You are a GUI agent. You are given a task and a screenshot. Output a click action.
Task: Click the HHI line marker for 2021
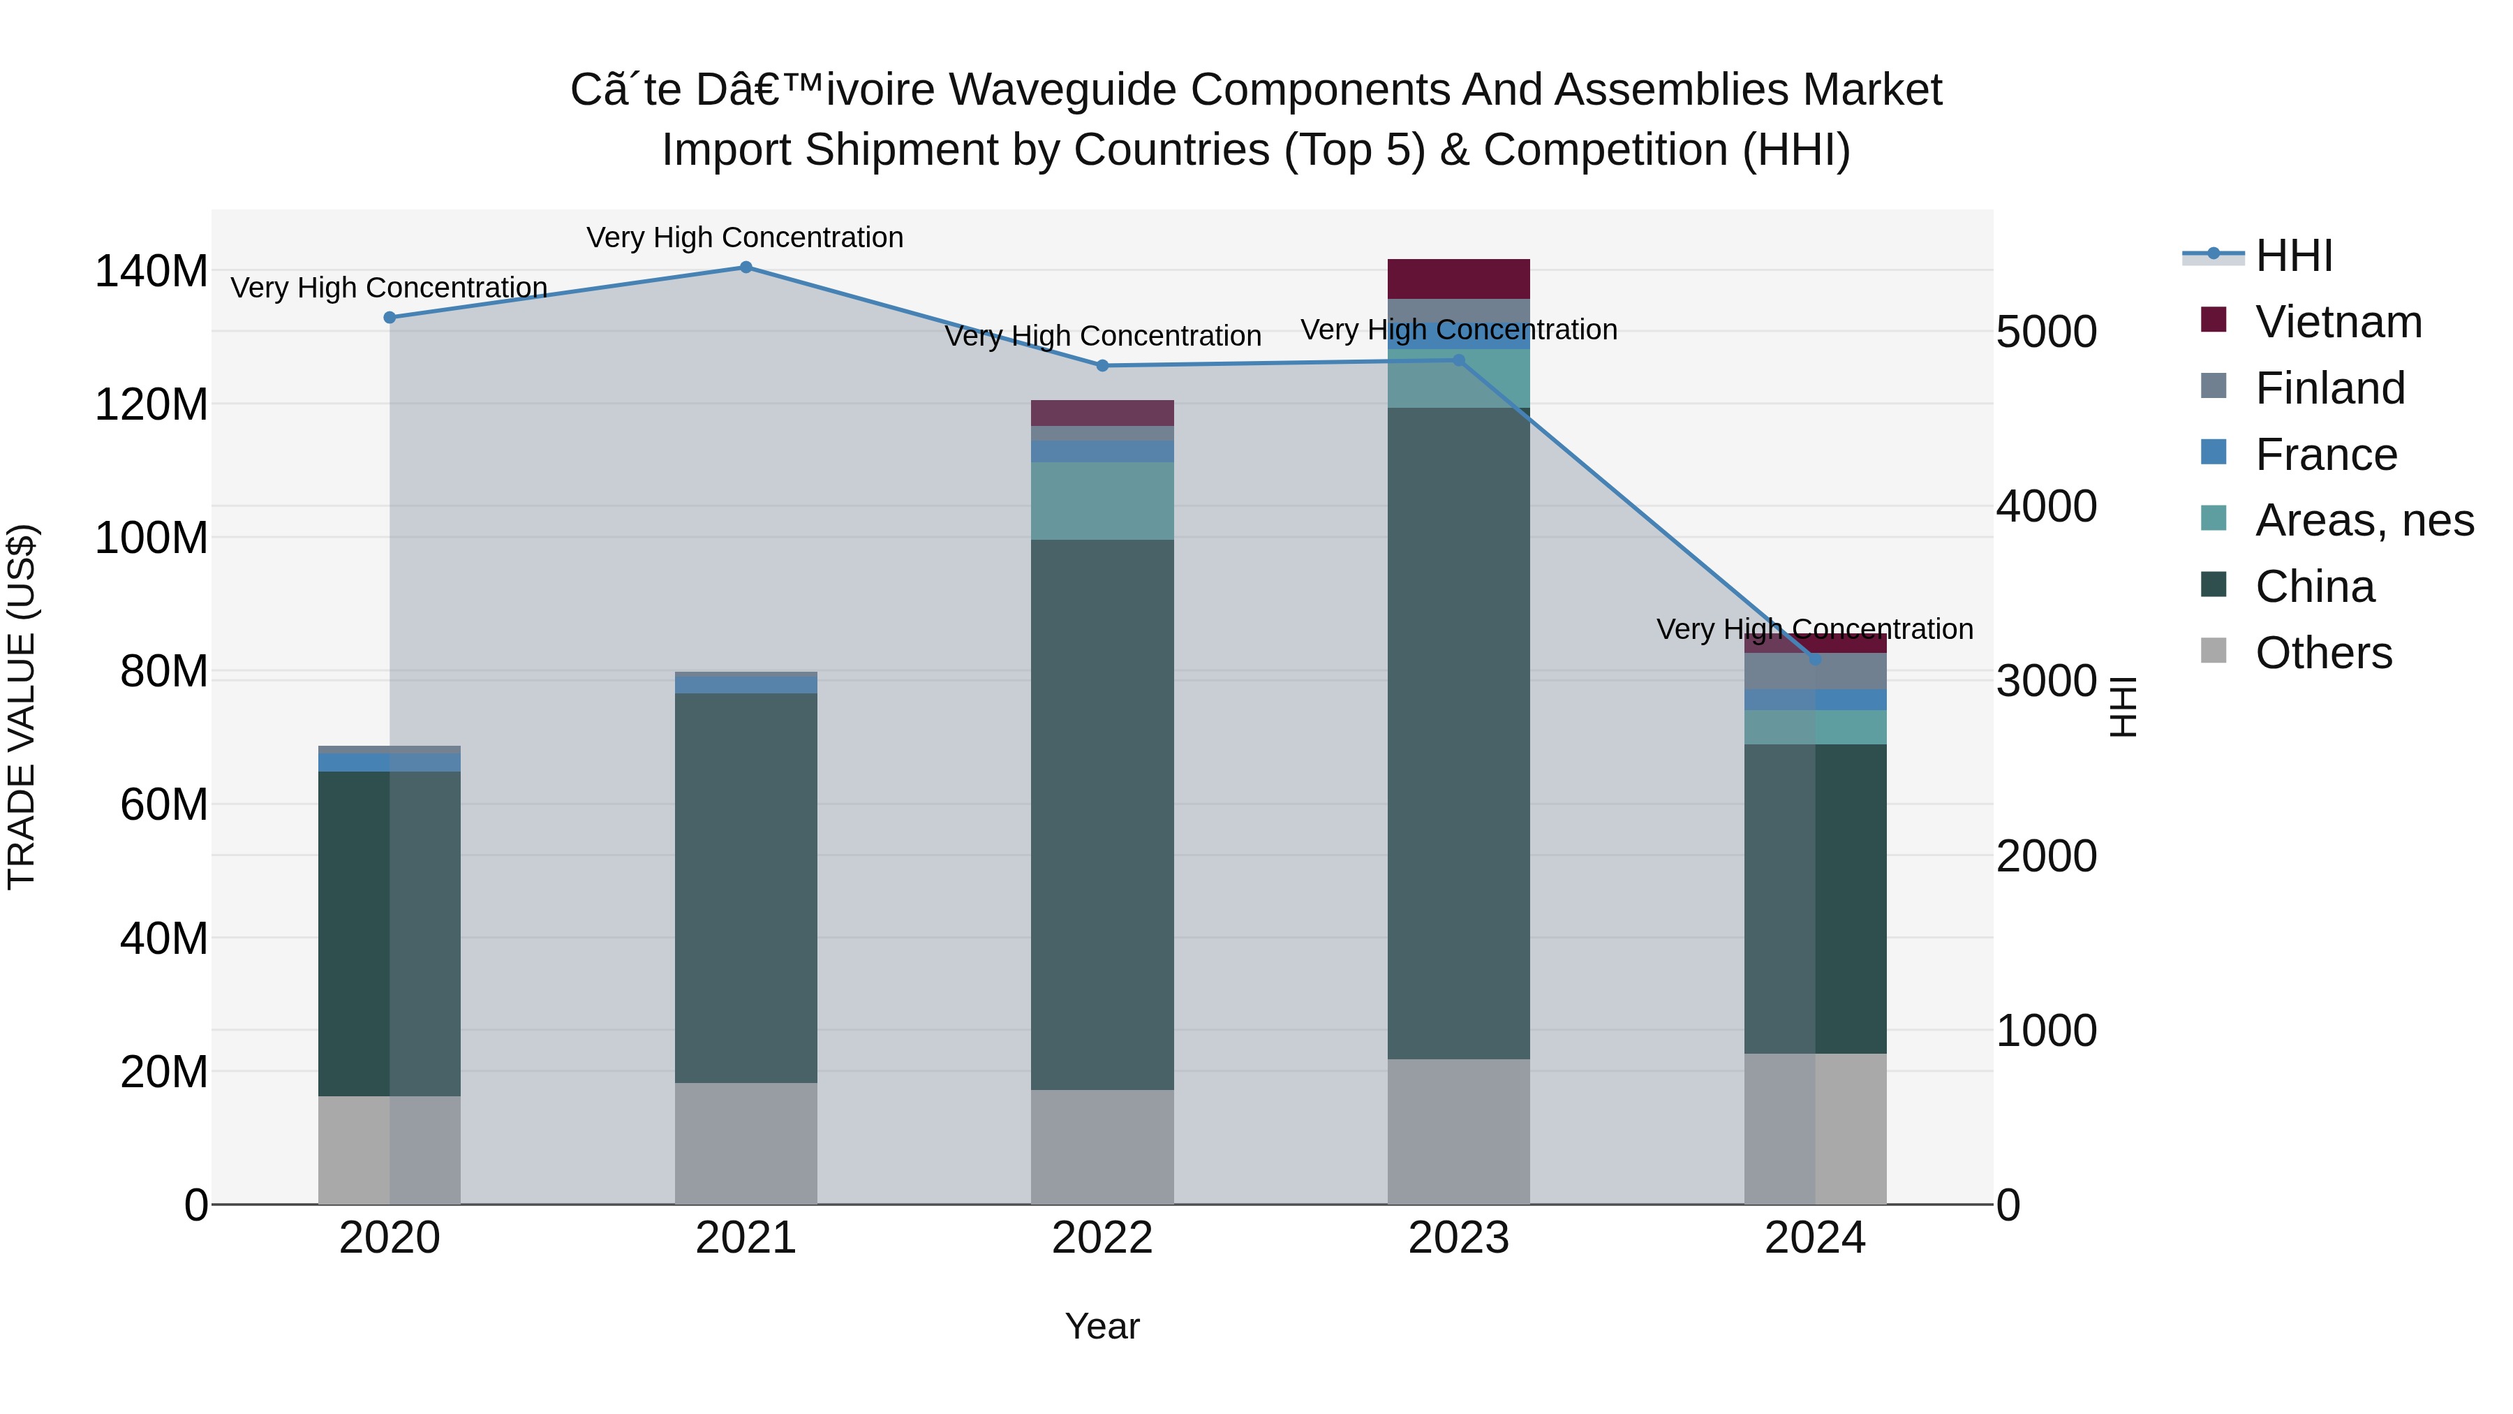tap(746, 267)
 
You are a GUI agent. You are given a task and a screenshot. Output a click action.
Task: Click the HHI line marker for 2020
tap(390, 317)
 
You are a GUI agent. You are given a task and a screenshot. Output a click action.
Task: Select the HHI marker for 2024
tap(1814, 660)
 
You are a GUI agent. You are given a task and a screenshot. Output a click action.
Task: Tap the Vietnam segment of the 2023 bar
tap(1458, 279)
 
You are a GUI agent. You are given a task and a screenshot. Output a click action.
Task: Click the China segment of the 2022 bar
tap(1102, 815)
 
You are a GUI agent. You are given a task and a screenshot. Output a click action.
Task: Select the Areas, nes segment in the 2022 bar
tap(1102, 501)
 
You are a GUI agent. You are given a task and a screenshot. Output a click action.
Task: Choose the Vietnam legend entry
tap(2337, 322)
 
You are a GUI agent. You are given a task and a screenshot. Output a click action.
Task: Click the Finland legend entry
tap(2329, 388)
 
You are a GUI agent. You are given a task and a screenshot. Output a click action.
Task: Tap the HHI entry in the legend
tap(2292, 256)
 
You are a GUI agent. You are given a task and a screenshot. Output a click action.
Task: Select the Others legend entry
tap(2322, 653)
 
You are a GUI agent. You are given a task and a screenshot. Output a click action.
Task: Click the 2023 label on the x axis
tap(1458, 1238)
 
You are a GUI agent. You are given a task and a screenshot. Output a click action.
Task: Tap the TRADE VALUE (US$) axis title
tap(22, 707)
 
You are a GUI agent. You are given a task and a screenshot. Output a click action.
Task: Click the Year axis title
tap(1102, 1326)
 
